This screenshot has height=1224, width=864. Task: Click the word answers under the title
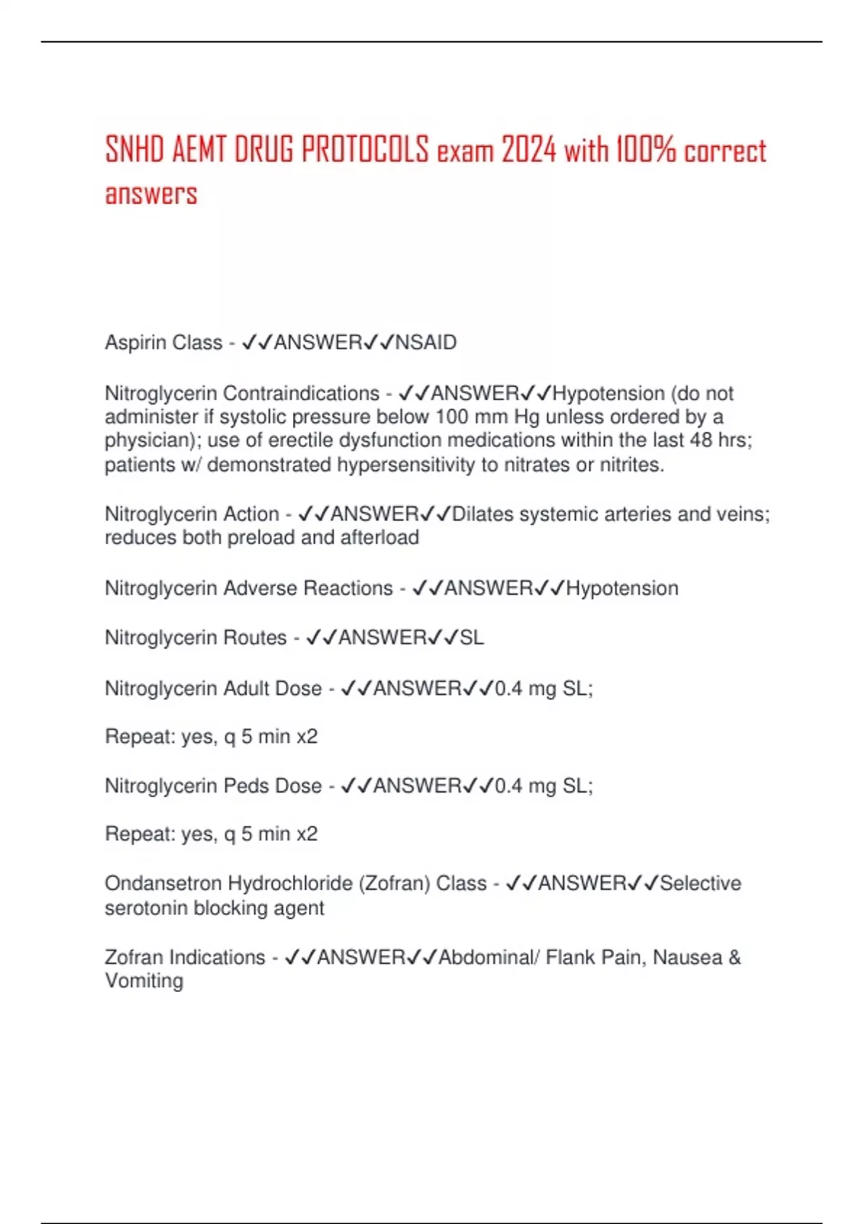(x=151, y=194)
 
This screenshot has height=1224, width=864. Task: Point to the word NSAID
(x=426, y=343)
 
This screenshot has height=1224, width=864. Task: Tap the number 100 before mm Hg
(x=452, y=417)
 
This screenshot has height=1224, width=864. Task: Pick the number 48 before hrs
(x=701, y=440)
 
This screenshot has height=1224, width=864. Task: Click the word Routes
(x=255, y=638)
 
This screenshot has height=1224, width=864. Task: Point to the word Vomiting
(x=144, y=981)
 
